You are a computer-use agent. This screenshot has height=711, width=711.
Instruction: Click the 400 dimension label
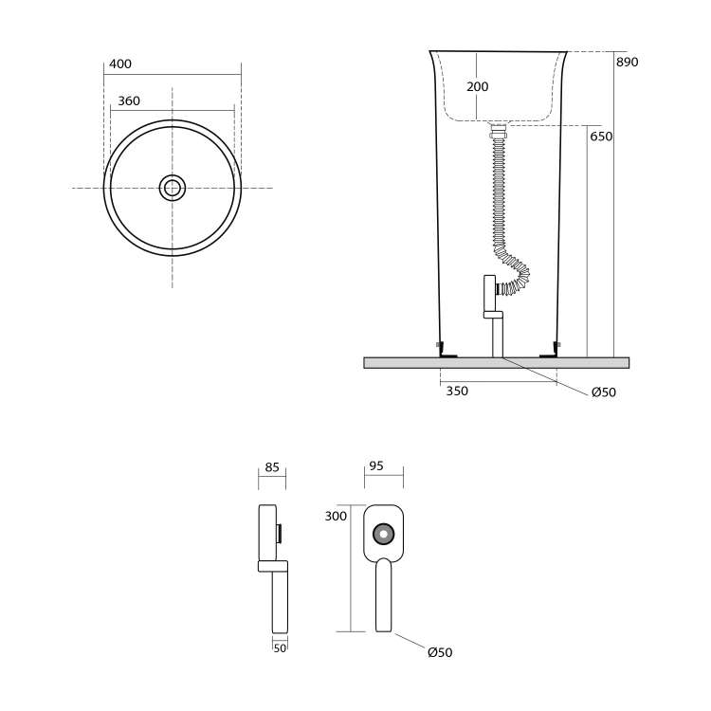120,64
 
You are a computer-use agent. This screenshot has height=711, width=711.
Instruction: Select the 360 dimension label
129,100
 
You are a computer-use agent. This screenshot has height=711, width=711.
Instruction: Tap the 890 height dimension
628,62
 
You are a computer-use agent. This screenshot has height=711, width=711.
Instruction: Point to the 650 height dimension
601,136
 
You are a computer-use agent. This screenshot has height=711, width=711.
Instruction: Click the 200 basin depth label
478,86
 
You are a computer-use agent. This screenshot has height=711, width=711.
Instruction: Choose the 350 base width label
457,391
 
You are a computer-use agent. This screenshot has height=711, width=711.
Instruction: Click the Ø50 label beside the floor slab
604,392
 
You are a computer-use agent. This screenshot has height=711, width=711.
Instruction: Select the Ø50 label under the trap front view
440,652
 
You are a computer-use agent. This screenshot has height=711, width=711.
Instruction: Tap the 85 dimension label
272,467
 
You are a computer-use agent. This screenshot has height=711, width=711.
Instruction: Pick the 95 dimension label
376,465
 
